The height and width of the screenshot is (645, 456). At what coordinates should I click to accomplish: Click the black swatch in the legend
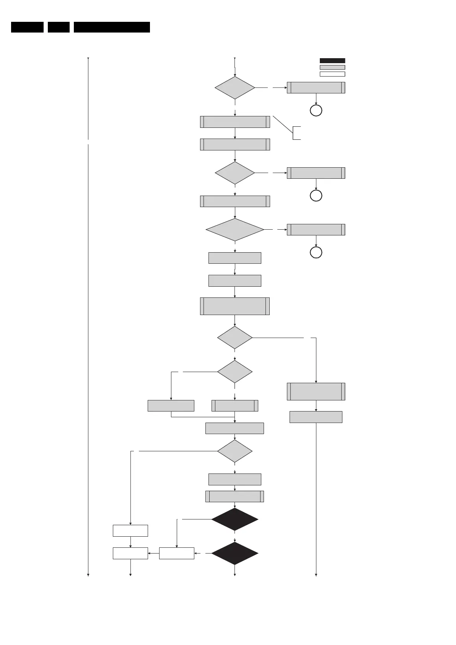pyautogui.click(x=332, y=60)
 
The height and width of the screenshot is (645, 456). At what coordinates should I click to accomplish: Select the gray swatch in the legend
pyautogui.click(x=332, y=67)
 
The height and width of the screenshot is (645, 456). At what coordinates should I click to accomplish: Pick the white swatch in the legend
pyautogui.click(x=332, y=74)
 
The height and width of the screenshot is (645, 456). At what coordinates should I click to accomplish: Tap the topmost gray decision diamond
pyautogui.click(x=235, y=88)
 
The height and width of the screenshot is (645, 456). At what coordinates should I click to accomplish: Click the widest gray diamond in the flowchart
pyautogui.click(x=235, y=230)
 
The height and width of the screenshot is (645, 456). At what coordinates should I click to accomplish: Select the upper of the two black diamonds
pyautogui.click(x=235, y=519)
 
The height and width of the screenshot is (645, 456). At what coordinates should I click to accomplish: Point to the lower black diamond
pyautogui.click(x=235, y=553)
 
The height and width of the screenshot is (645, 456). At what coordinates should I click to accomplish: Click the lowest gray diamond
pyautogui.click(x=235, y=451)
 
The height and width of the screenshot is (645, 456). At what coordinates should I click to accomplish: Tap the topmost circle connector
pyautogui.click(x=316, y=111)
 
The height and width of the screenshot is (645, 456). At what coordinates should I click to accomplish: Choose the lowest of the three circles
pyautogui.click(x=316, y=253)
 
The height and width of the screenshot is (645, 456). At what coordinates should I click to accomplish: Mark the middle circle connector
pyautogui.click(x=316, y=196)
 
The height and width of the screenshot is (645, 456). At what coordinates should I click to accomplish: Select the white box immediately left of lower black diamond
pyautogui.click(x=176, y=554)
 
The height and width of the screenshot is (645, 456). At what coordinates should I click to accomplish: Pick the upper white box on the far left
pyautogui.click(x=130, y=531)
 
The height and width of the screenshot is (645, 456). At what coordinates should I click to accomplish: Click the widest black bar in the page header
pyautogui.click(x=112, y=27)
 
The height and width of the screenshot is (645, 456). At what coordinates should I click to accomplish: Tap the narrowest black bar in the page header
pyautogui.click(x=59, y=27)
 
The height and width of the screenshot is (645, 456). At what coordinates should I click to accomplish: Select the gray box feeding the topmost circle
pyautogui.click(x=316, y=88)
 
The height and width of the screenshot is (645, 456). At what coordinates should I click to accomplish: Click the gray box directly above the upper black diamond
pyautogui.click(x=235, y=496)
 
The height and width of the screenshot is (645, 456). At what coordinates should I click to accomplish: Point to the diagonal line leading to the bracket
pyautogui.click(x=283, y=124)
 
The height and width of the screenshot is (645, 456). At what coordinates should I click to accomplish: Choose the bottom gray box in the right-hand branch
pyautogui.click(x=316, y=417)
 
